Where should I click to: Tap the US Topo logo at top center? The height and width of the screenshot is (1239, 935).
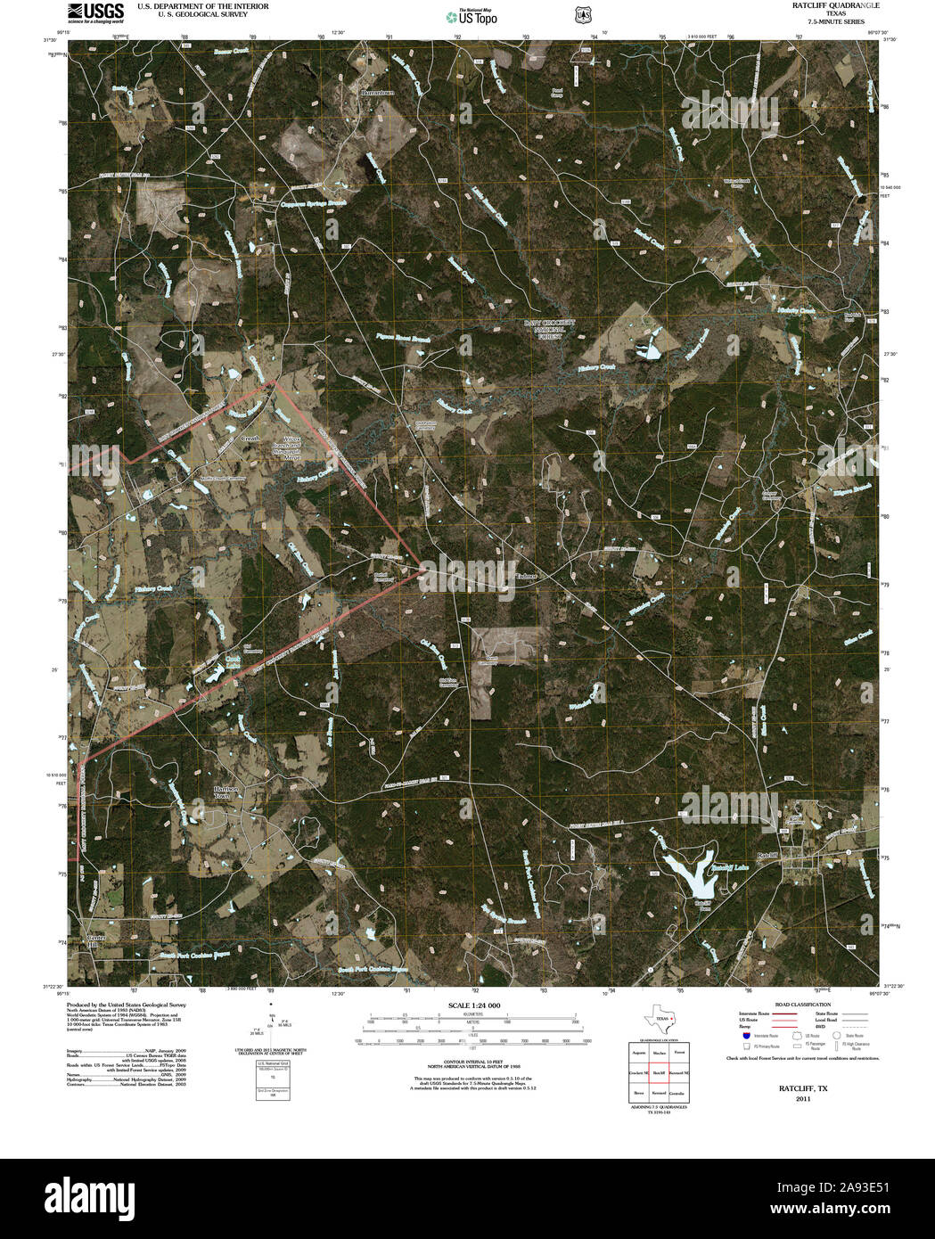point(472,16)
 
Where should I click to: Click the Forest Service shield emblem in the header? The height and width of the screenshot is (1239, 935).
point(582,15)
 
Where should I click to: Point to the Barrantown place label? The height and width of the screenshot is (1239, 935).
point(377,92)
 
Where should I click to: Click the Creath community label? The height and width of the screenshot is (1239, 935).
point(250,439)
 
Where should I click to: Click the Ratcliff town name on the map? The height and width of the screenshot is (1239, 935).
point(768,855)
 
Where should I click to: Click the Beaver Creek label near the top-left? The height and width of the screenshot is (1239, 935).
point(234,53)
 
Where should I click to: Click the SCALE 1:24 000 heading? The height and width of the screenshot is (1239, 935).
point(472,1005)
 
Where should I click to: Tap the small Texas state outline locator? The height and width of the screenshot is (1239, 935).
point(660,1022)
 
